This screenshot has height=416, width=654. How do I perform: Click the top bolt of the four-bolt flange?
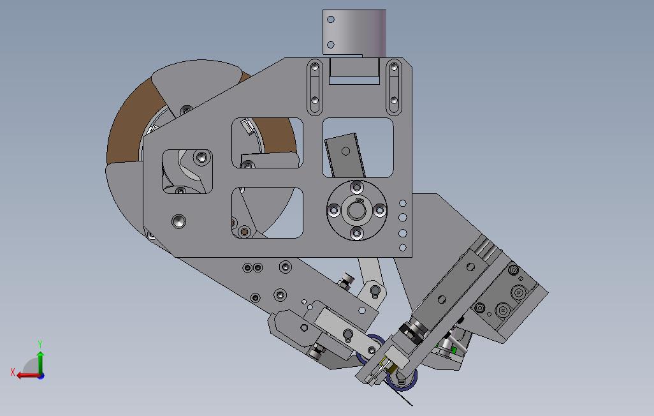tap(356, 187)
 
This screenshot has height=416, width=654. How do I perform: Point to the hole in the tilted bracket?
tap(345, 151)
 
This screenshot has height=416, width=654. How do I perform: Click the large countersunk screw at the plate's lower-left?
tap(179, 221)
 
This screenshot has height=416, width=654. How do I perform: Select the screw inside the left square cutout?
tap(202, 156)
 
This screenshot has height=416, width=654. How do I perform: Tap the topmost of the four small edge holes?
tap(403, 204)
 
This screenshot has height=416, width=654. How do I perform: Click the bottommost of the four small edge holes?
tap(403, 248)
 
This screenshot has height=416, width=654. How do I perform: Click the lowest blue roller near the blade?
tap(404, 383)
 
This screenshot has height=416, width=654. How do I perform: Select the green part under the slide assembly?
tap(453, 349)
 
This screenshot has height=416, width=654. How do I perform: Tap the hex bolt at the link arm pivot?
tap(375, 292)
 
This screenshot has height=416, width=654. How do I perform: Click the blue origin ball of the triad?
tap(41, 376)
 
